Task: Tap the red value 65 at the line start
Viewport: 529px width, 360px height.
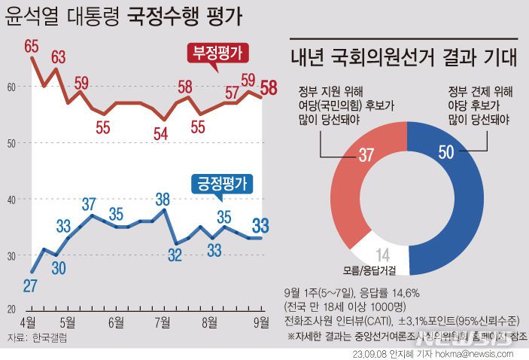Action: (x=32, y=47)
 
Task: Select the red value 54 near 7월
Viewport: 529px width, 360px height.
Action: (x=160, y=135)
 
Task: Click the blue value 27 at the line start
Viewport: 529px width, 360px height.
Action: (x=30, y=286)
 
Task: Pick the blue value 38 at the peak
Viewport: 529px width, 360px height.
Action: (x=161, y=200)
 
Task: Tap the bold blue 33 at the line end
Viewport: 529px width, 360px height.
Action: (x=261, y=224)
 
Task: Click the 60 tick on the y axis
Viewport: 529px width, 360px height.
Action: (x=11, y=87)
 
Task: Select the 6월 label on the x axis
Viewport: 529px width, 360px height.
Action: (x=116, y=322)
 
